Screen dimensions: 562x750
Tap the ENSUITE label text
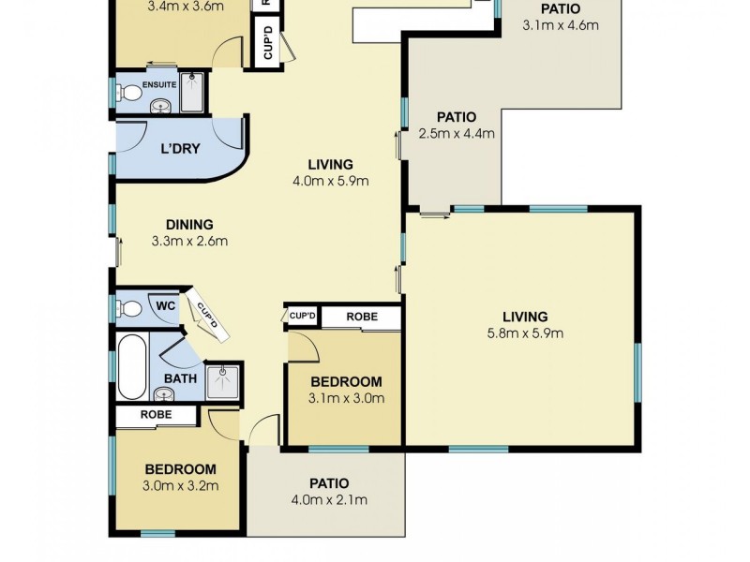tap(159, 82)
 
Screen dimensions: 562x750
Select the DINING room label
tap(189, 224)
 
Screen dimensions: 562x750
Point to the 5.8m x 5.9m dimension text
tap(524, 333)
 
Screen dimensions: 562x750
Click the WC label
tap(165, 305)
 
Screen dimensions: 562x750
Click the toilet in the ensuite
tap(129, 94)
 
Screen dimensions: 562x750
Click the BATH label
tap(179, 378)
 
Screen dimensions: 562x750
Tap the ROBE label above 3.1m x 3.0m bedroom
tap(362, 317)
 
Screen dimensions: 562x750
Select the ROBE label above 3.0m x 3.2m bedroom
tap(155, 414)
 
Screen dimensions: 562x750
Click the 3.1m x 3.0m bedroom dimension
tap(346, 398)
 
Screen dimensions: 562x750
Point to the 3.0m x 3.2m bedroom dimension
tap(180, 485)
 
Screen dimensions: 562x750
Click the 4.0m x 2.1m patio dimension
tap(328, 499)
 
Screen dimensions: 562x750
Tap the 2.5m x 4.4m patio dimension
tap(456, 133)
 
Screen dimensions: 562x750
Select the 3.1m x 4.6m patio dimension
tap(560, 25)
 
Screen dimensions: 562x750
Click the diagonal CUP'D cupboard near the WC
tap(205, 315)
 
